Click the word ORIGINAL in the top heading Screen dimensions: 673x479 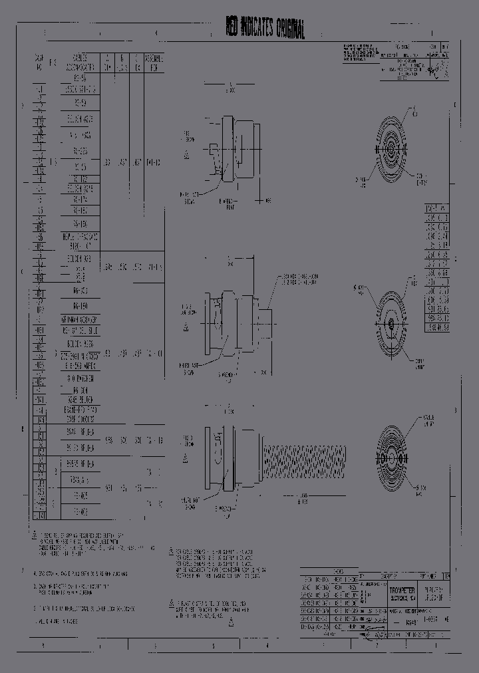point(285,29)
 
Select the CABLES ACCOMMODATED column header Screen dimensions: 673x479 point(80,63)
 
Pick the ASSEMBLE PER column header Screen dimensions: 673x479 point(153,63)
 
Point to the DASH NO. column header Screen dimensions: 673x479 point(39,63)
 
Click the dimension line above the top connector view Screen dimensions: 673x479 point(230,84)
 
